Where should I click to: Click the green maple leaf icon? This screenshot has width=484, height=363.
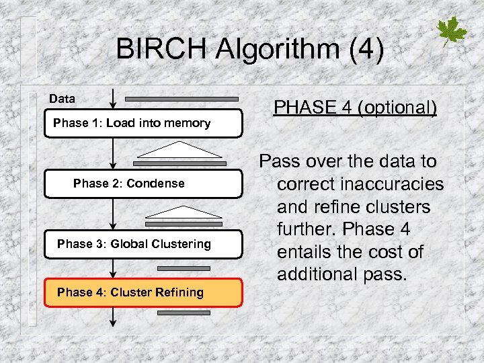[452, 32]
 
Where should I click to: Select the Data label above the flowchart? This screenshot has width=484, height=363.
[62, 99]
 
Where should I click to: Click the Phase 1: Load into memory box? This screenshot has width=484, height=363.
[143, 123]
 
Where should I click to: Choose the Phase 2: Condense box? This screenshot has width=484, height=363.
[143, 184]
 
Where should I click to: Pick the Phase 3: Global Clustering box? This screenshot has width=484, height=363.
[143, 244]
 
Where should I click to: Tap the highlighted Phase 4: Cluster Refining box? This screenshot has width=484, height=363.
[143, 292]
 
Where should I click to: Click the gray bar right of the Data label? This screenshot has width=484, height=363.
[181, 99]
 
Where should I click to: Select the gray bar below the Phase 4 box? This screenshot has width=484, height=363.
[179, 313]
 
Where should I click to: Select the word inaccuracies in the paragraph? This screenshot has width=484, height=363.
[360, 184]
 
